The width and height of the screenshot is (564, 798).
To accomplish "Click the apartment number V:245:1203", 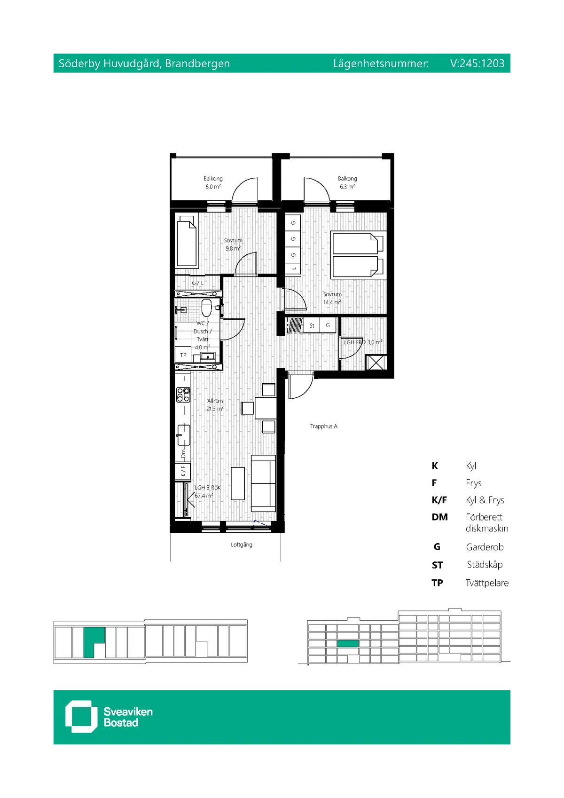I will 477,63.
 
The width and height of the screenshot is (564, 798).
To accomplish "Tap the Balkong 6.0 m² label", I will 213,182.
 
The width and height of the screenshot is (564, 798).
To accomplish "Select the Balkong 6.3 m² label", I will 347,182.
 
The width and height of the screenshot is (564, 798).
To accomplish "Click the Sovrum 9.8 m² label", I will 233,244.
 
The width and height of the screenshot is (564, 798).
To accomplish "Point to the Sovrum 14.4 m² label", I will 332,298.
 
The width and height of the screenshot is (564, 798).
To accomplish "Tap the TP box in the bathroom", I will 183,355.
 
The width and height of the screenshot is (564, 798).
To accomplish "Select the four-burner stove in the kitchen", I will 183,395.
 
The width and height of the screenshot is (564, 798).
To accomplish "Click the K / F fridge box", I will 183,471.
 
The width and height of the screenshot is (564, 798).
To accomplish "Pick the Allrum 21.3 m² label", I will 215,405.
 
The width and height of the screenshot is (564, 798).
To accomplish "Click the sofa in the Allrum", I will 263,483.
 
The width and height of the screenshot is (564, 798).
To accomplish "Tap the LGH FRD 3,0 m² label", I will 363,342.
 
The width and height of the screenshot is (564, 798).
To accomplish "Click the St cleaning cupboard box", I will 312,325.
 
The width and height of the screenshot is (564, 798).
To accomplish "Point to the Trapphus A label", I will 323,426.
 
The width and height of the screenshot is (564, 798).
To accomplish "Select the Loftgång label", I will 241,545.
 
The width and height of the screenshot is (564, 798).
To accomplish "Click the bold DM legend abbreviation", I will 439,517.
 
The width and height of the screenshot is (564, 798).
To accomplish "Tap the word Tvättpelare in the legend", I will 487,583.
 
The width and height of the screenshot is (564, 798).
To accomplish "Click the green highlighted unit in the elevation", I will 348,643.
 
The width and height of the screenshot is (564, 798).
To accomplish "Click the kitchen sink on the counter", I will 183,435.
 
